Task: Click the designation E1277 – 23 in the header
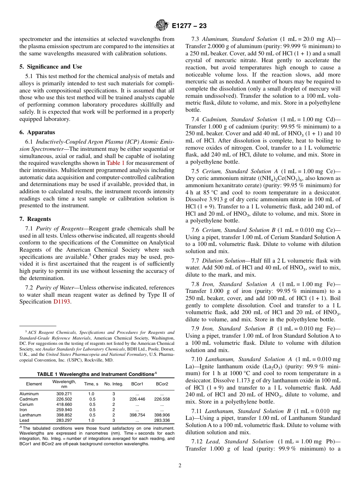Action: click(189, 26)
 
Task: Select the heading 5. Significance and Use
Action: click(51, 67)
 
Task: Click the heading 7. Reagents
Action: click(35, 219)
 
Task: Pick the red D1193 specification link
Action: click(62, 302)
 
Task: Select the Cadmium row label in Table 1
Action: click(29, 399)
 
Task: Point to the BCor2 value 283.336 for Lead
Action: click(162, 420)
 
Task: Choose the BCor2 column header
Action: click(162, 384)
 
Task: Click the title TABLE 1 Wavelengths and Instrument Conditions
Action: click(97, 374)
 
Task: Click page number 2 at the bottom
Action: click(180, 466)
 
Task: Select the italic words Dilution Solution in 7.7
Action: click(224, 261)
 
